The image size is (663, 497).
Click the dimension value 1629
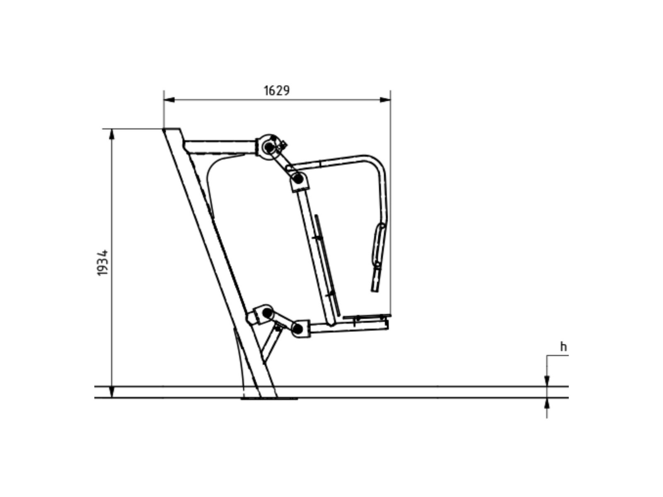(x=276, y=91)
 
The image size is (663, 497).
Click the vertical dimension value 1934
(x=102, y=263)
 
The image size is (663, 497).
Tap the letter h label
(x=564, y=347)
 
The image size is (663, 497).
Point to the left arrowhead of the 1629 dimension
(x=169, y=99)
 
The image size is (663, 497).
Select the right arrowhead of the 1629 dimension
(x=385, y=99)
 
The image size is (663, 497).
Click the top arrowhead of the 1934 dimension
(x=112, y=134)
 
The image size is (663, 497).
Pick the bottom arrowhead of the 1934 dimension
(x=112, y=392)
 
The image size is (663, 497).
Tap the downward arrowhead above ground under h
(x=547, y=381)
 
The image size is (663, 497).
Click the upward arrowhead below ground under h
(x=547, y=403)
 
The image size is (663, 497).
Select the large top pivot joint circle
(x=269, y=147)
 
